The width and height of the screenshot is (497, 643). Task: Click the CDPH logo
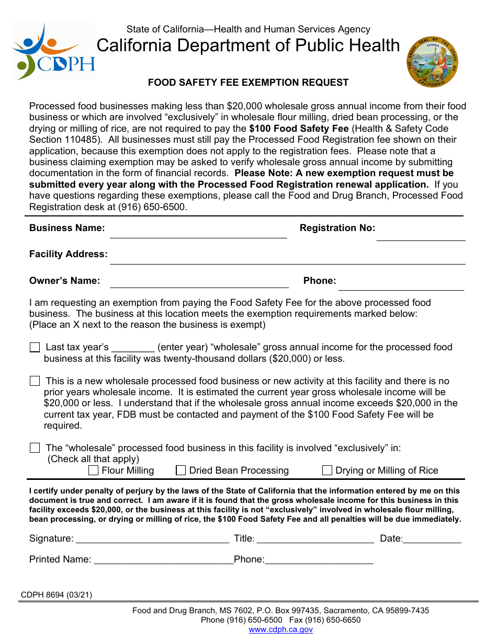point(54,51)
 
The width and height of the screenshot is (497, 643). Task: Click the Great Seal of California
point(432,62)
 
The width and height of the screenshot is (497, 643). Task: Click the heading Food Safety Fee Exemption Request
point(248,83)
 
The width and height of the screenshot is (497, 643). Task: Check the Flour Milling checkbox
point(94,470)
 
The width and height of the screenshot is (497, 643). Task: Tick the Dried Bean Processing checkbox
point(181,470)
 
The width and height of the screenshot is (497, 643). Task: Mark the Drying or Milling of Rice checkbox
point(327,470)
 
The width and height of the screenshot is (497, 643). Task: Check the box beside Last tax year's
point(35,348)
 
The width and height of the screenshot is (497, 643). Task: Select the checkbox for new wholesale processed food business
point(35,381)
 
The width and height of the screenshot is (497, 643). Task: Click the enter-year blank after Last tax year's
point(133,348)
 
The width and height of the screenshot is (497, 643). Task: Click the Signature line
point(153,539)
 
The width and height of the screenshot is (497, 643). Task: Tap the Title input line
point(315,539)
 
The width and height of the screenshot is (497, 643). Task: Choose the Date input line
point(432,539)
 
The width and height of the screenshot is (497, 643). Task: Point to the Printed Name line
point(163,560)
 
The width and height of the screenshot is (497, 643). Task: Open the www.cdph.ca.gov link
point(280,629)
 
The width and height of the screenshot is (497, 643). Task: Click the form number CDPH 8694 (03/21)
point(57,594)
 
